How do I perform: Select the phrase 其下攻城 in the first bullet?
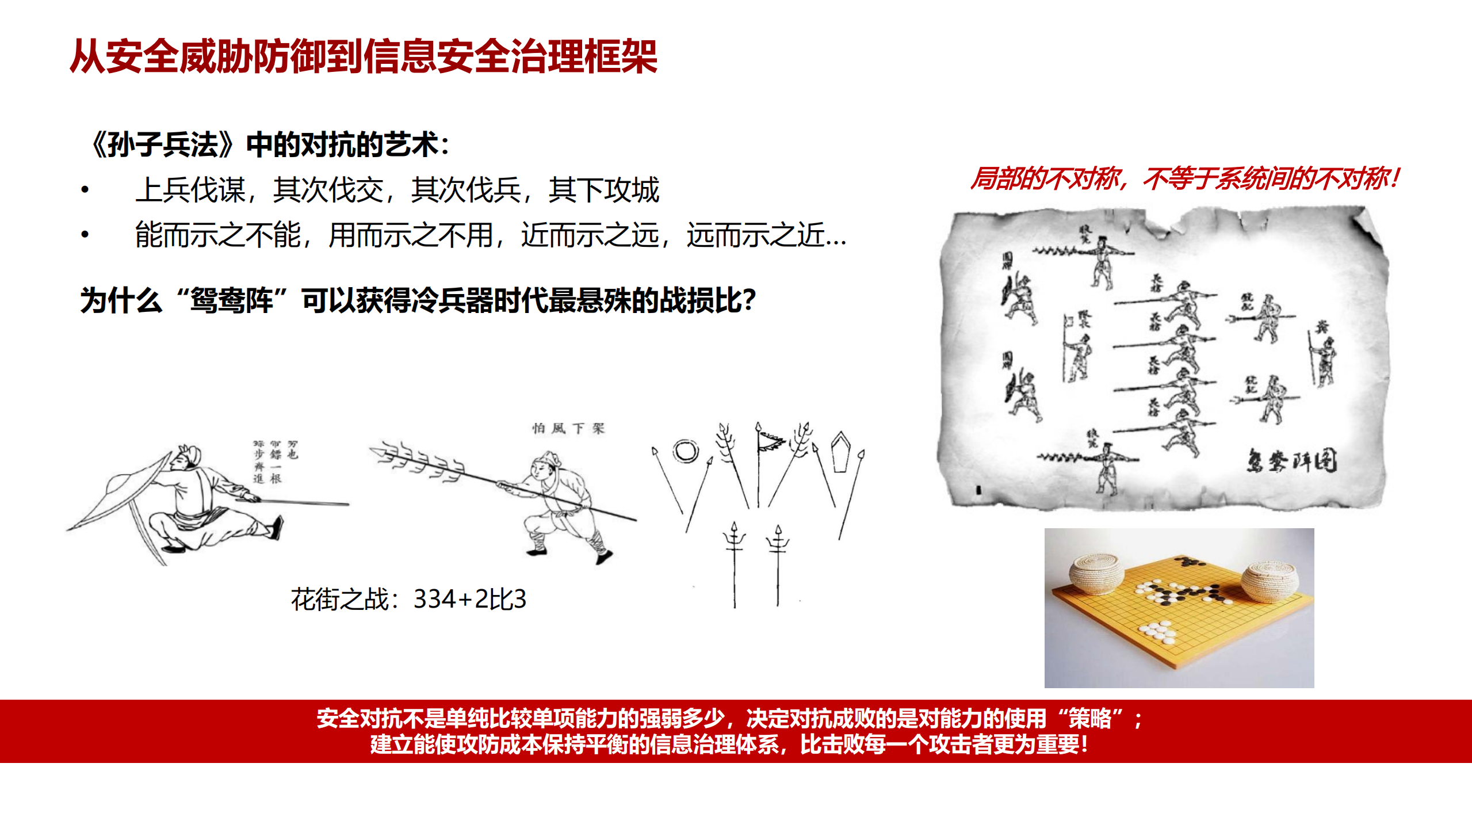coord(603,190)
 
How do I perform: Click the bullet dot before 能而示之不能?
coord(85,234)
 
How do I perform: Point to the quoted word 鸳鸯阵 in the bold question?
coord(231,300)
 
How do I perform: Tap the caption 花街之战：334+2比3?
coord(408,599)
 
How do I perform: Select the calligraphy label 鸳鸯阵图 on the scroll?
coord(1291,461)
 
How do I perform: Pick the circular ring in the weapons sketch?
coord(686,451)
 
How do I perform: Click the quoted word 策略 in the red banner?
coord(1089,718)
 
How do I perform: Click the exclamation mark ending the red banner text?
coord(1084,745)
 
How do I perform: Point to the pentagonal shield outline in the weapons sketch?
coord(841,452)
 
